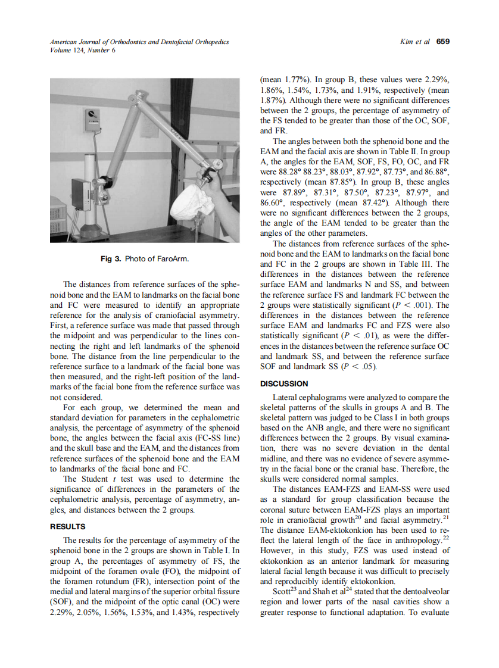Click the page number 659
tap(442, 42)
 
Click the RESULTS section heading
tap(68, 526)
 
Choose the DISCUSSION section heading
tap(284, 383)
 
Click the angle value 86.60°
tap(274, 203)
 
